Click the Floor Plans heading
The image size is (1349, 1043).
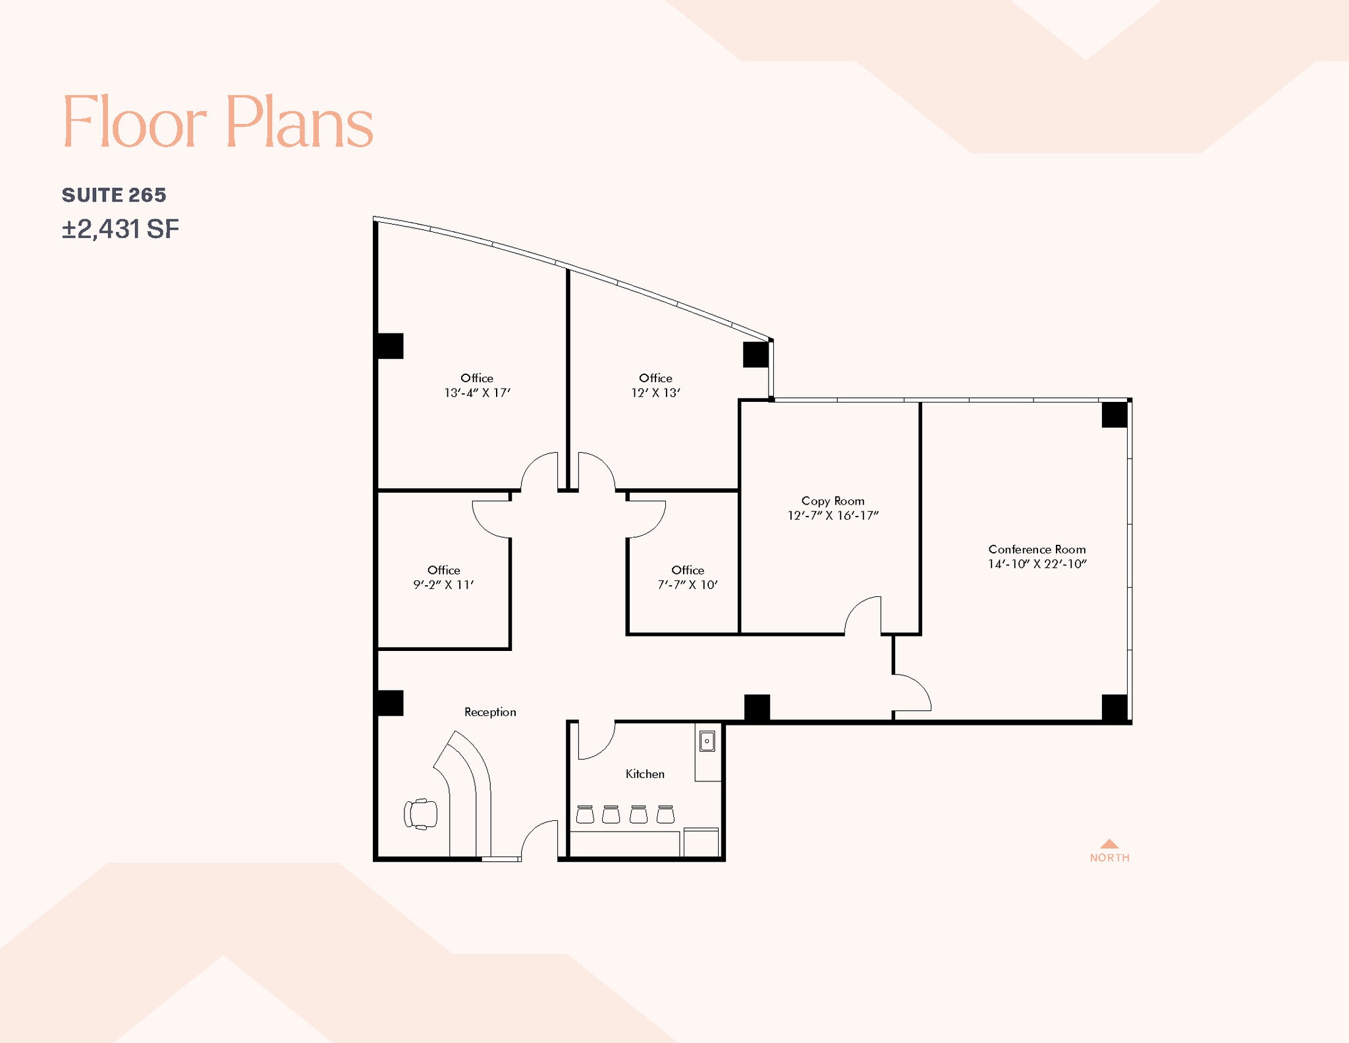point(217,122)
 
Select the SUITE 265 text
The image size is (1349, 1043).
point(114,195)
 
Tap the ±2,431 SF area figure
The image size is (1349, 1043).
point(121,229)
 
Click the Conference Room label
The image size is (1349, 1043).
point(1037,550)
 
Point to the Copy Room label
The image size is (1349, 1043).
point(833,501)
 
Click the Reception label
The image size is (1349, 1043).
point(490,712)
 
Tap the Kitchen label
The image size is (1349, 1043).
point(645,774)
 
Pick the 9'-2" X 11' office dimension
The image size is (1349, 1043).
point(443,585)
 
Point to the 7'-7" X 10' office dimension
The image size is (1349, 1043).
point(688,585)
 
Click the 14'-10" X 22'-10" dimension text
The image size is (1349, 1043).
point(1037,564)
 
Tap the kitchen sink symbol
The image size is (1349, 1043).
point(707,741)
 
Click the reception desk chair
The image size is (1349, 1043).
point(421,814)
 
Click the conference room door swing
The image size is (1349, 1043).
point(912,693)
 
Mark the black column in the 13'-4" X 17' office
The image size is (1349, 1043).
point(389,346)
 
